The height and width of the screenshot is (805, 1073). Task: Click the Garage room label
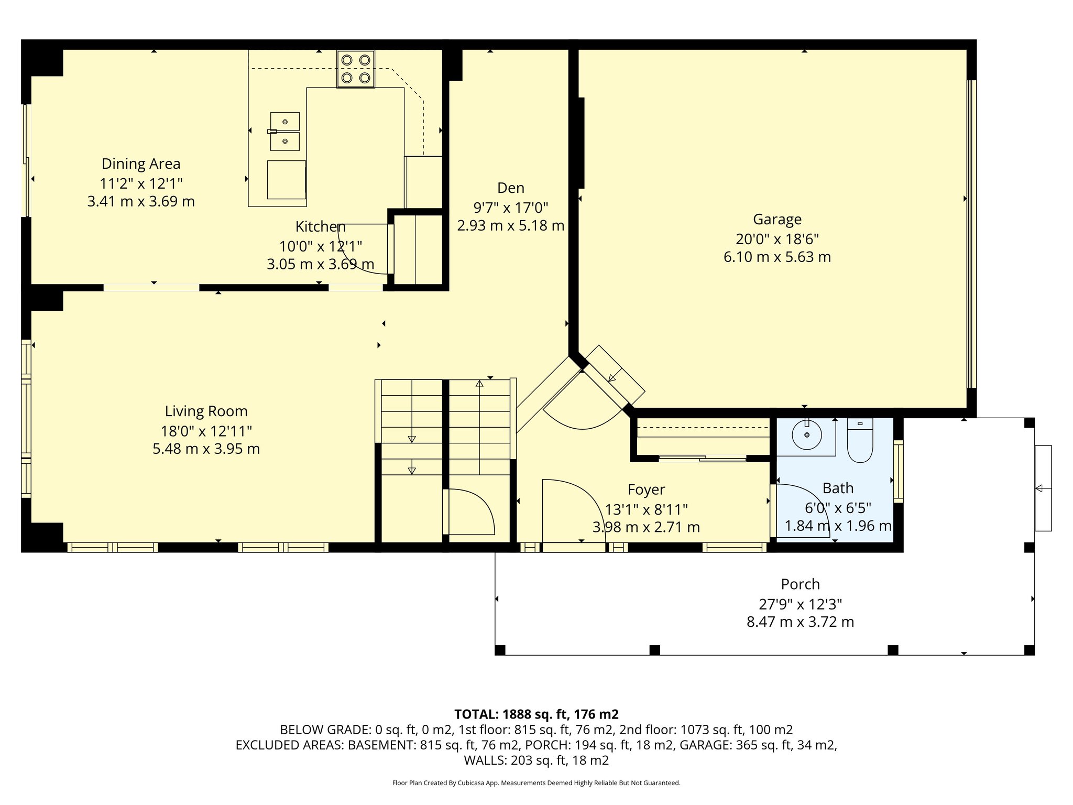pos(777,220)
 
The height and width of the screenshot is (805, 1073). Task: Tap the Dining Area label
pos(141,164)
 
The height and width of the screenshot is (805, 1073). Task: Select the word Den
pos(511,188)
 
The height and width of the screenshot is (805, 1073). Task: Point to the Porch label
pos(800,584)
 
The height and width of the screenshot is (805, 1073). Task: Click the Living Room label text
pos(206,411)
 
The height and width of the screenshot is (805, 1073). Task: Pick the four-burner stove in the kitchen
pos(356,69)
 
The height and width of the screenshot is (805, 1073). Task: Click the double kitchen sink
pos(284,131)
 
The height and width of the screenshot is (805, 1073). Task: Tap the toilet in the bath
pos(860,440)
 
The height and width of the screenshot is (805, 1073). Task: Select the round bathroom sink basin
pos(807,434)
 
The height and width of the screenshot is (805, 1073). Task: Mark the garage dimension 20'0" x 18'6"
pos(777,239)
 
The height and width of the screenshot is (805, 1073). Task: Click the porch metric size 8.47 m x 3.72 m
pos(800,622)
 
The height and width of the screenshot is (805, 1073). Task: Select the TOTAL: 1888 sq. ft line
pos(536,714)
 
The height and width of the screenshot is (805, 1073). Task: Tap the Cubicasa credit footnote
pos(536,783)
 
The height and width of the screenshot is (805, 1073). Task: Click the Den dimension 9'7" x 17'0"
pos(511,208)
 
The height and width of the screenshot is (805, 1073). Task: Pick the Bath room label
pos(838,488)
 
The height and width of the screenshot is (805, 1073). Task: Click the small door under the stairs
pos(469,512)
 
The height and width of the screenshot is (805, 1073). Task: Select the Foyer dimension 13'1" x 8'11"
pos(646,509)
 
